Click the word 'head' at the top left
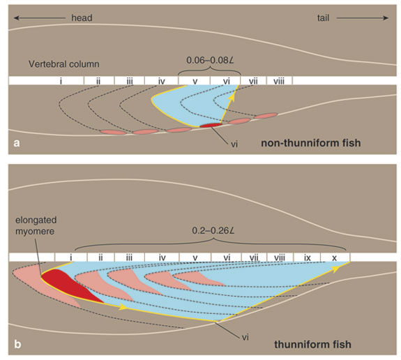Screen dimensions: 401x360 click(x=82, y=18)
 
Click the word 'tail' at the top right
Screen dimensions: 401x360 click(x=323, y=18)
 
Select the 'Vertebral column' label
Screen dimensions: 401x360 click(x=64, y=63)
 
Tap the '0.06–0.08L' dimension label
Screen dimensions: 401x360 click(x=211, y=61)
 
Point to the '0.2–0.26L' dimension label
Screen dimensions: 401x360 click(x=213, y=231)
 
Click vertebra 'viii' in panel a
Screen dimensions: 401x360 click(x=279, y=81)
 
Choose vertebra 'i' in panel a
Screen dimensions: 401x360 click(x=61, y=81)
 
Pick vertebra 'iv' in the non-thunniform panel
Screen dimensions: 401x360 click(x=161, y=81)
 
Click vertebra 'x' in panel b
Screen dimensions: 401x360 click(x=334, y=257)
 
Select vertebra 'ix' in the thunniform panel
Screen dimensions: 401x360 click(x=307, y=257)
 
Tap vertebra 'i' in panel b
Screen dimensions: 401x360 click(x=71, y=257)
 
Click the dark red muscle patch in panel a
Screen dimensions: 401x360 click(x=211, y=125)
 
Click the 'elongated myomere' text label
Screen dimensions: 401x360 click(x=35, y=225)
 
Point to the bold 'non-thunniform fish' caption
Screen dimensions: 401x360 click(x=311, y=143)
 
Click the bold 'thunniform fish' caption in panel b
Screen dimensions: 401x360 click(x=312, y=345)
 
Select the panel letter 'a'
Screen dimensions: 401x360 click(x=17, y=143)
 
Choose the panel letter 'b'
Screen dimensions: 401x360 click(x=17, y=344)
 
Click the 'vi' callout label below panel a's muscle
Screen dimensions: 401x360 click(x=234, y=144)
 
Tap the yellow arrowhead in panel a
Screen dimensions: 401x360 click(x=232, y=98)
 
